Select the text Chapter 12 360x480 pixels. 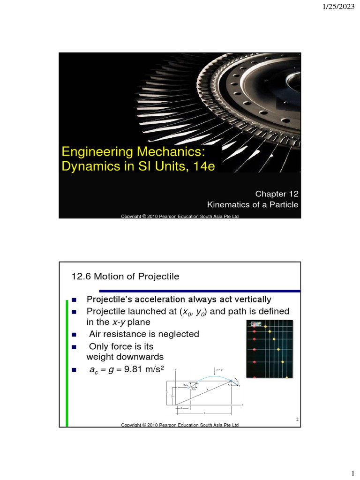tap(277, 194)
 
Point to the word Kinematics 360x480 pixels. tap(228, 204)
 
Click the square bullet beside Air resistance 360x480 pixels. tap(74, 335)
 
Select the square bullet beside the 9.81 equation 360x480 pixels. tap(74, 370)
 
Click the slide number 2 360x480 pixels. tap(297, 419)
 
